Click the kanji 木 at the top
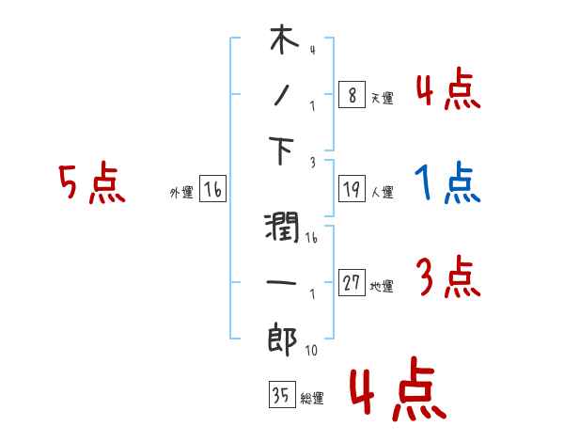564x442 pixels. (x=283, y=40)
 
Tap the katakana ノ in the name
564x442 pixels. (x=282, y=94)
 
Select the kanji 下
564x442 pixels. (x=283, y=150)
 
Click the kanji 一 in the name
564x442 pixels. (x=282, y=281)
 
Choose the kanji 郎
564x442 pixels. (x=283, y=338)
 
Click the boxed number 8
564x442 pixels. (x=351, y=94)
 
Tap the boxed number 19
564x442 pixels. (x=351, y=190)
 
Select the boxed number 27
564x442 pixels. (x=352, y=283)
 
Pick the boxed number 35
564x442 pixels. (x=280, y=396)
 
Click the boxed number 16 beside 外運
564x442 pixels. (x=212, y=190)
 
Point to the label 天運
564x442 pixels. (x=382, y=98)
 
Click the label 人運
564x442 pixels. (x=382, y=193)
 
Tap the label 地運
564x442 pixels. (x=382, y=287)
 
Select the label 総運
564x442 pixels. (x=311, y=399)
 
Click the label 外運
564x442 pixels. (x=180, y=193)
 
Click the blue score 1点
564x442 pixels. (x=447, y=183)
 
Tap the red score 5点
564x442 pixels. (x=90, y=184)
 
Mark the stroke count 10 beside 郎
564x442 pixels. (x=311, y=351)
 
